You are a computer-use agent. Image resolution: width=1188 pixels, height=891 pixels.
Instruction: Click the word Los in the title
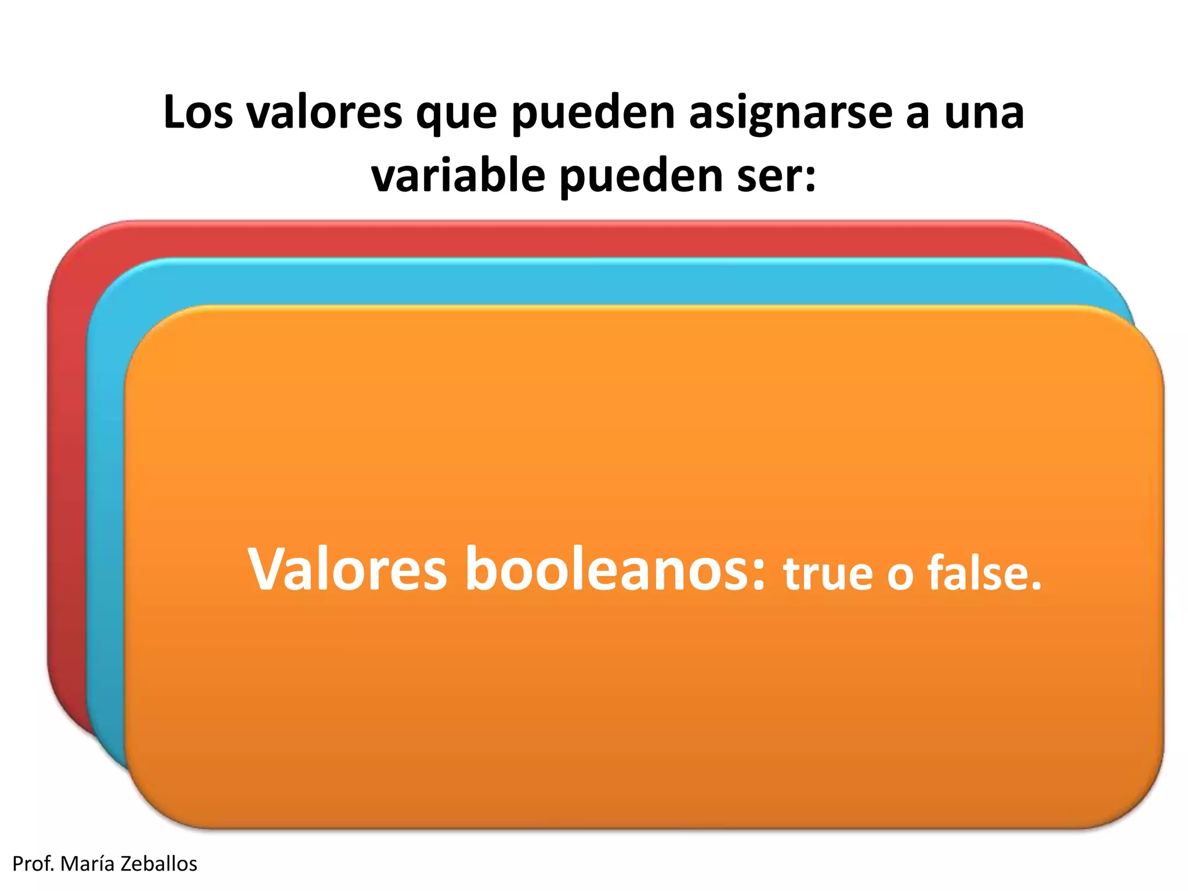[198, 112]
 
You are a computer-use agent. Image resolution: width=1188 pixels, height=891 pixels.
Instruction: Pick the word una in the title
[984, 113]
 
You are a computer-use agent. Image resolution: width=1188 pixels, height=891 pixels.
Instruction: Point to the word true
[828, 574]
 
